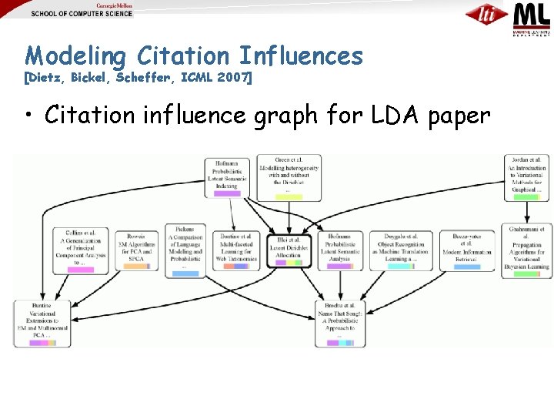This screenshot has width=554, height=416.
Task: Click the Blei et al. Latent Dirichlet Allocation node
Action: pyautogui.click(x=289, y=248)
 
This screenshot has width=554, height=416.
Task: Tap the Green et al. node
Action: pyautogui.click(x=289, y=176)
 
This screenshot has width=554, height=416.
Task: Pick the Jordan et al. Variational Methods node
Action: pyautogui.click(x=526, y=178)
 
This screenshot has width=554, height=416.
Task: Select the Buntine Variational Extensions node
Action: pyautogui.click(x=42, y=321)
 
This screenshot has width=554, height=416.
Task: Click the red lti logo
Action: pyautogui.click(x=486, y=14)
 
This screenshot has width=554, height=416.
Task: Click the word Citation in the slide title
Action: pyautogui.click(x=182, y=55)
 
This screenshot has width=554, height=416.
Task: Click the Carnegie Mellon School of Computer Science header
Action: pyautogui.click(x=82, y=9)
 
